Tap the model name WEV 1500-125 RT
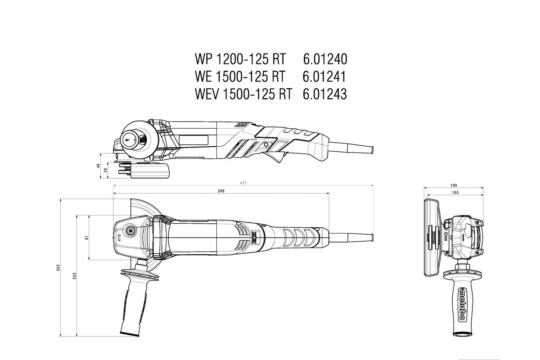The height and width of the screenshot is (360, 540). [243, 94]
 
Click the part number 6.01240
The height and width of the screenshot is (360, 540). [324, 59]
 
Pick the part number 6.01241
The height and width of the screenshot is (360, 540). [324, 77]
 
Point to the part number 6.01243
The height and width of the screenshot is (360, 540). [324, 94]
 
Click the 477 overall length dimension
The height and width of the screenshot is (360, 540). [243, 183]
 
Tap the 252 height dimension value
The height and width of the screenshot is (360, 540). [58, 268]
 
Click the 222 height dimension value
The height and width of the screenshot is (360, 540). [74, 275]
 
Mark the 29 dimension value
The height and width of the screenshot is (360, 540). [106, 170]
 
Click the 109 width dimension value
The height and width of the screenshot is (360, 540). [454, 185]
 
